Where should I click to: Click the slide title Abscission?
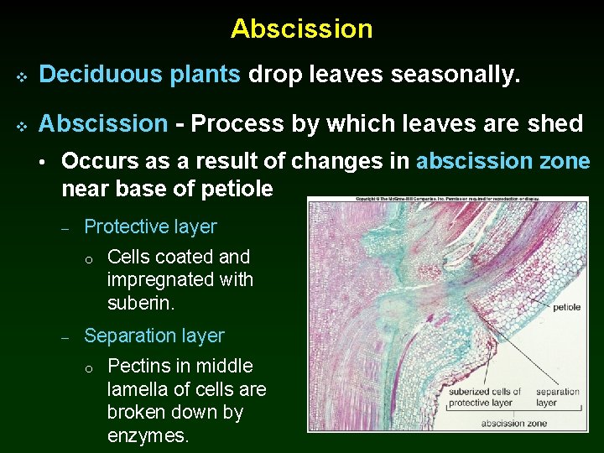302,29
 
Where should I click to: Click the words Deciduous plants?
140,75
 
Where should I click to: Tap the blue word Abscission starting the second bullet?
103,124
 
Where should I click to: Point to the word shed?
555,124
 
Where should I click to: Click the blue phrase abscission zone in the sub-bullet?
502,161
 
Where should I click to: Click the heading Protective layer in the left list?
150,226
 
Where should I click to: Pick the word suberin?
141,303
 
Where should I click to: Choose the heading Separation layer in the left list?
154,336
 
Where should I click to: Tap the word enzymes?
148,435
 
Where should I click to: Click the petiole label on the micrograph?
566,307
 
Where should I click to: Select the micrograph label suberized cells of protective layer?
484,397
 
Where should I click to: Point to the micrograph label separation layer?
557,397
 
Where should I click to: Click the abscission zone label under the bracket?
514,424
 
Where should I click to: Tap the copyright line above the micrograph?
447,200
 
